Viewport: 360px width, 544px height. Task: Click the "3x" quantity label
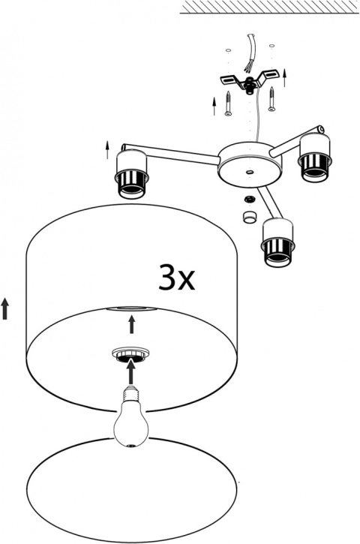(x=176, y=277)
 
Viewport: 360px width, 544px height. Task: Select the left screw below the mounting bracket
(x=228, y=103)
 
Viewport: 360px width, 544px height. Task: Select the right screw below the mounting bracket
(x=271, y=99)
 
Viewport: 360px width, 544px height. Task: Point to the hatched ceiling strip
(x=269, y=7)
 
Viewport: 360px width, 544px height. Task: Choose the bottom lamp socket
(x=278, y=243)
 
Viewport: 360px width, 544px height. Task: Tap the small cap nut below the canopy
(x=249, y=217)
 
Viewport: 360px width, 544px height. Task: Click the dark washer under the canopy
(x=249, y=199)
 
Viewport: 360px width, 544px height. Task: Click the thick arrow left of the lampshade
(x=4, y=309)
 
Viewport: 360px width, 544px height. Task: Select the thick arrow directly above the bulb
(x=130, y=372)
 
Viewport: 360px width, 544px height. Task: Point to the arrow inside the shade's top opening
(x=131, y=325)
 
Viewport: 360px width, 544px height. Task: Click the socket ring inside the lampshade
(x=130, y=355)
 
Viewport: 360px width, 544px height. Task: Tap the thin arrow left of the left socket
(x=107, y=149)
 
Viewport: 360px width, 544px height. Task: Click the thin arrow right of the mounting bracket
(x=285, y=77)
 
